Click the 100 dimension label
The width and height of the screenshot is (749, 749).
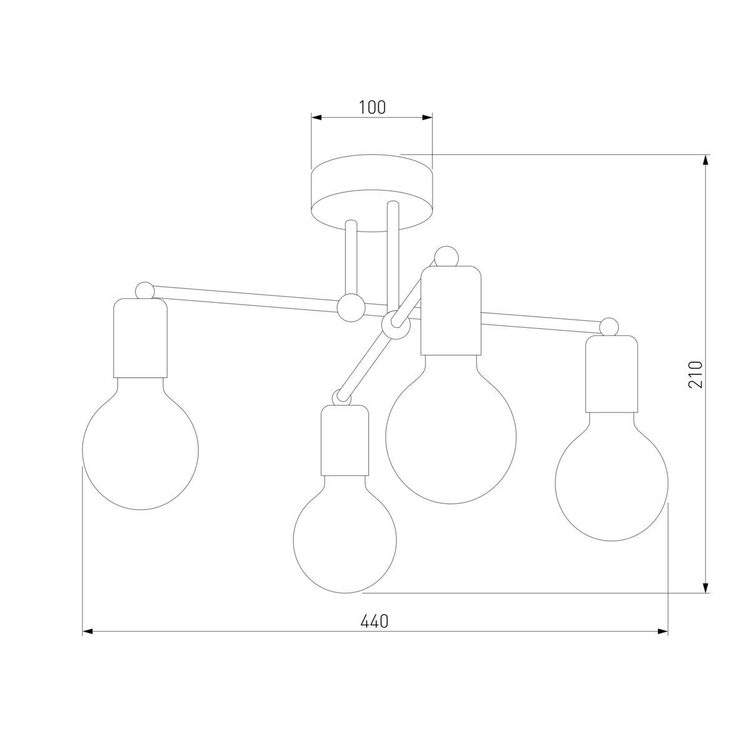(372, 107)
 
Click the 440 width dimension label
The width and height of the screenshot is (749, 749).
(374, 621)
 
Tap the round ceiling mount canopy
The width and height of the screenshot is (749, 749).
(372, 193)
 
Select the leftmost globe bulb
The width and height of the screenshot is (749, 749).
(140, 444)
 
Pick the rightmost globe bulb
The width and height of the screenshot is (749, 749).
(612, 476)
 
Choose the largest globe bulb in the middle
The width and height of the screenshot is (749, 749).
(451, 429)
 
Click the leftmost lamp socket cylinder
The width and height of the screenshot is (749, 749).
(140, 338)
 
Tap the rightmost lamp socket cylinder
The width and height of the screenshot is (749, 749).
(612, 373)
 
